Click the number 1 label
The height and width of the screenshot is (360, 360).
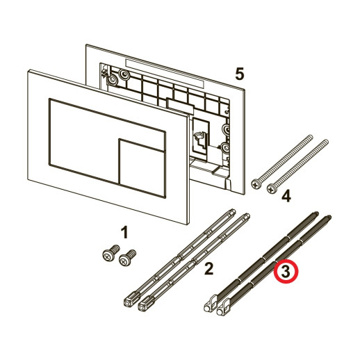[x=124, y=232]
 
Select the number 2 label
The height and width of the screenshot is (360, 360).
[x=208, y=268]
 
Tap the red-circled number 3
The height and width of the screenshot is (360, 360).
[x=286, y=272]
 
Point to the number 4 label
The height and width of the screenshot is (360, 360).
[x=286, y=197]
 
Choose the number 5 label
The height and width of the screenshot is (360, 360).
[x=240, y=74]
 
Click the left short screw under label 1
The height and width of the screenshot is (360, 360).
[x=111, y=253]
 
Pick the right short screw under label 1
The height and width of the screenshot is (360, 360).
[x=127, y=258]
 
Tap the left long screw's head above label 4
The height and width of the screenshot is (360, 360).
[x=256, y=185]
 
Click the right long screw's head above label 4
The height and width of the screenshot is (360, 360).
[x=272, y=189]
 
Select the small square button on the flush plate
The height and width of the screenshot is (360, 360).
[x=142, y=168]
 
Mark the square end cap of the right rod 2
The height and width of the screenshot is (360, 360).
[x=145, y=304]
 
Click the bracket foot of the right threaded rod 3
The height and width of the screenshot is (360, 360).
[x=223, y=307]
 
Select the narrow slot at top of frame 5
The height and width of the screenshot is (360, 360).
[x=165, y=74]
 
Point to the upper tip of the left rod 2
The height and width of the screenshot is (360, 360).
[x=232, y=211]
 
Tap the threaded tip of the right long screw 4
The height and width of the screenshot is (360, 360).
[x=325, y=141]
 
